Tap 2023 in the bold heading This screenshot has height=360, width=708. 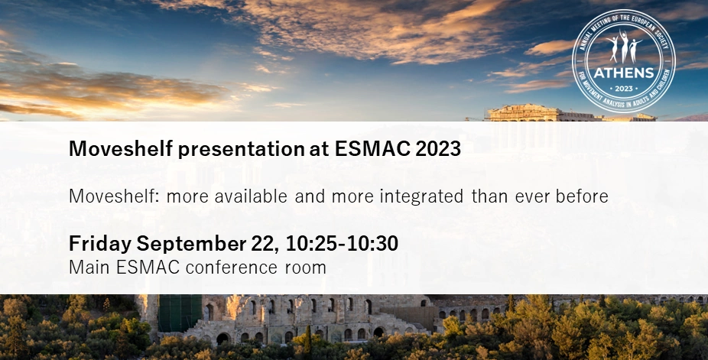(438, 148)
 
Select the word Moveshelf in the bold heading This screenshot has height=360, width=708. (121, 148)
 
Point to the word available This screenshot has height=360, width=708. (251, 196)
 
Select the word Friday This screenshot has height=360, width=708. (100, 244)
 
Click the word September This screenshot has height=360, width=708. (191, 244)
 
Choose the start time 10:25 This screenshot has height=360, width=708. (311, 244)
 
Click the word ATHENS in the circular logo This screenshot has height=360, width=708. (624, 73)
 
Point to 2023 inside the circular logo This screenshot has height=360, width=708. (624, 89)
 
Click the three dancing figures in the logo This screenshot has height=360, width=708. (624, 47)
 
